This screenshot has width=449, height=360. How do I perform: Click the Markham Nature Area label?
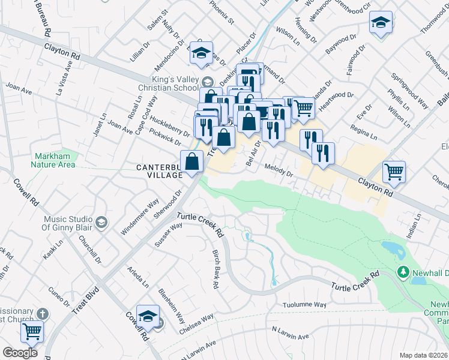tap(55, 160)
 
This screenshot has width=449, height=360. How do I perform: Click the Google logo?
tap(20, 353)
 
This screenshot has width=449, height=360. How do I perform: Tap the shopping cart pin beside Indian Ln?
tap(394, 172)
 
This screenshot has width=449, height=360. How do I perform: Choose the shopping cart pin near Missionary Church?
tap(32, 330)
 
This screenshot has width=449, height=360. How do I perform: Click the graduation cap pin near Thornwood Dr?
tap(381, 23)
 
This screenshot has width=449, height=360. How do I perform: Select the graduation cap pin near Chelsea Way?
tap(148, 316)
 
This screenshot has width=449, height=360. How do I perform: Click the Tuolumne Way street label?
tap(304, 305)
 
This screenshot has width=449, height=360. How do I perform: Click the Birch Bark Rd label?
tap(215, 269)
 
